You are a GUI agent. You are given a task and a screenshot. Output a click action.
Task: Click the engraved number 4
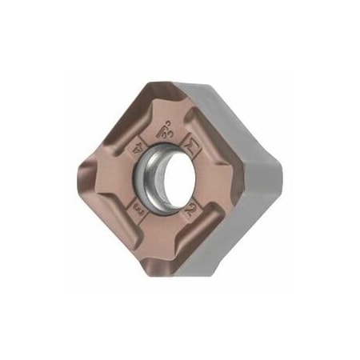[x=137, y=146]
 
